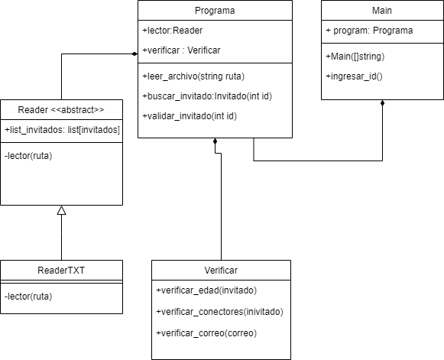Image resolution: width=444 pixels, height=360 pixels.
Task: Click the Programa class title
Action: pos(215,11)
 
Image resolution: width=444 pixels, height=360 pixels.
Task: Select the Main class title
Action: pos(382,11)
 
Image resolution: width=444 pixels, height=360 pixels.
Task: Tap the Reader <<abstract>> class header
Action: pos(61,109)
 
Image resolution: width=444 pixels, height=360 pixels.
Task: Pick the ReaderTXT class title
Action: pos(61,270)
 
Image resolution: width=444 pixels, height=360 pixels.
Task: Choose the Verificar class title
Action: pos(221,270)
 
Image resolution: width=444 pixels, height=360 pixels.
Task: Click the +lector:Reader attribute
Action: pos(172,31)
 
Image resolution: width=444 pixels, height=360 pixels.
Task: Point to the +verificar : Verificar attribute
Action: pos(182,50)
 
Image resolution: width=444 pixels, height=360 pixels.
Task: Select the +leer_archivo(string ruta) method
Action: pos(193,76)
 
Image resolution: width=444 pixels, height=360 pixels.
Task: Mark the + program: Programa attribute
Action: pos(369,31)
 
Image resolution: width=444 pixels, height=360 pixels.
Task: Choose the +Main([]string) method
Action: pos(355,56)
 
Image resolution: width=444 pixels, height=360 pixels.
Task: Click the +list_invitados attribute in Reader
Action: pos(61,130)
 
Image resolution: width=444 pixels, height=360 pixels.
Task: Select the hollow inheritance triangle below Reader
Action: pos(61,210)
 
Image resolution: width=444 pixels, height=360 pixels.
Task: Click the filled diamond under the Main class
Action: pos(382,104)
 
